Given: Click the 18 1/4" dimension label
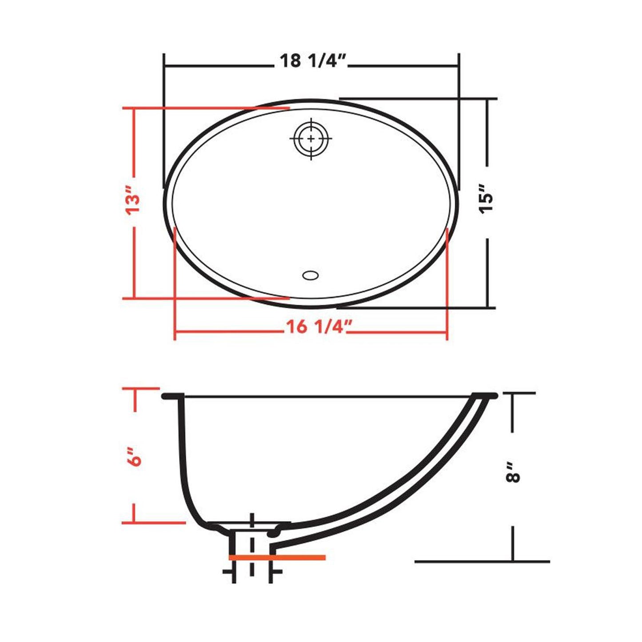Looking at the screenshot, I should (x=312, y=61).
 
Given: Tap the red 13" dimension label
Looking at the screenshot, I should (x=133, y=204).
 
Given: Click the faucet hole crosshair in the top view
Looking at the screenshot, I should (x=311, y=139).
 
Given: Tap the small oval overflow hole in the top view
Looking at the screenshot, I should (x=310, y=275).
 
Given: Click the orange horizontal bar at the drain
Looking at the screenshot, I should (x=277, y=557).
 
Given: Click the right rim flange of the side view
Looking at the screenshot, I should (x=484, y=395).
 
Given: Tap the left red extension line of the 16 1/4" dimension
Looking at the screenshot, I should (x=175, y=284).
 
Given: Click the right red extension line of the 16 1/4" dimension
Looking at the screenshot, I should (x=447, y=284).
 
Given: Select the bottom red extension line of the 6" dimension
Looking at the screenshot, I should (x=153, y=522).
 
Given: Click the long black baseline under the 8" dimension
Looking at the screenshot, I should (x=482, y=561).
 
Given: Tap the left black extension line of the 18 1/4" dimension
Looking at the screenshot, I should (x=164, y=120).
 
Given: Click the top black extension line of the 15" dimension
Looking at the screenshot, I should (x=418, y=98).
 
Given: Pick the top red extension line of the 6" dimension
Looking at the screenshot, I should (x=140, y=388).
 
